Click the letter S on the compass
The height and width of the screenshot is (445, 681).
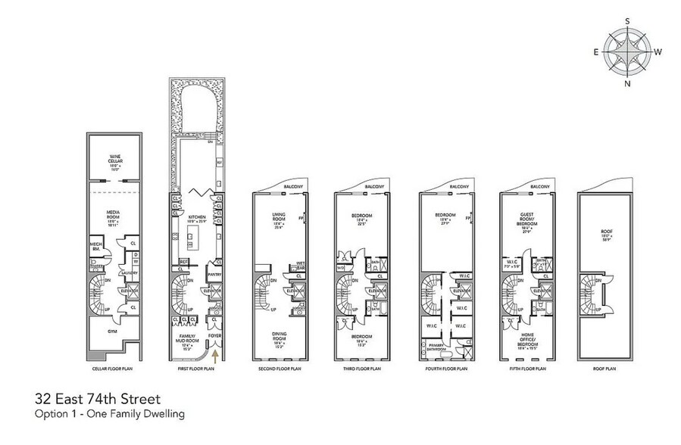(x=627, y=22)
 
